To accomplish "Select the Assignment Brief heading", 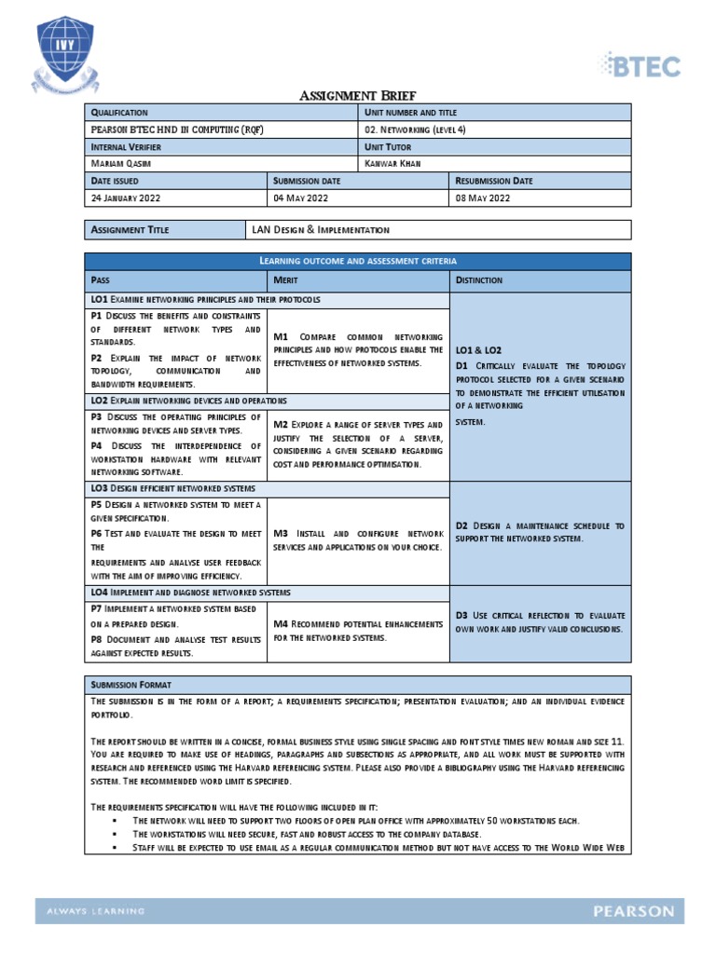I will [x=357, y=95].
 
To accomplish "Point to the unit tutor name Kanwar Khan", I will [x=392, y=164].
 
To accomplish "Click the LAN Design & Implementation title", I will [x=321, y=229].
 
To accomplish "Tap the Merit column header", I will [x=285, y=279].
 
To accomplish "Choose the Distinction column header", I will [x=479, y=279].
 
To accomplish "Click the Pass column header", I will [x=100, y=279].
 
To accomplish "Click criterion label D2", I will [x=464, y=526].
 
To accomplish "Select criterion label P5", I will [x=97, y=504].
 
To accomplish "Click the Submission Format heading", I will [x=130, y=684].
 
